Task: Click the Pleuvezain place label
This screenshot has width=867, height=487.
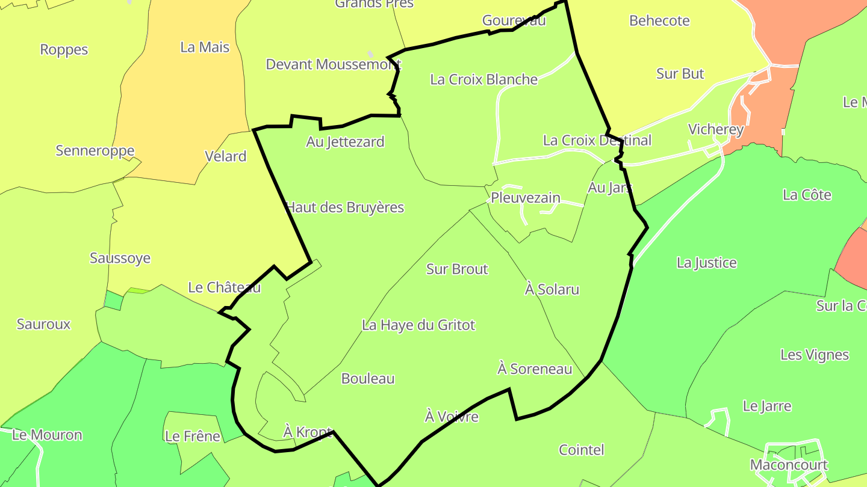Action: (x=526, y=198)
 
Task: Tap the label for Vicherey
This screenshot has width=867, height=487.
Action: (x=716, y=129)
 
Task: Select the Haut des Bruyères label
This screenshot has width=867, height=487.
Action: (x=345, y=207)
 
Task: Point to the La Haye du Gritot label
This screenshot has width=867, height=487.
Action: (x=418, y=325)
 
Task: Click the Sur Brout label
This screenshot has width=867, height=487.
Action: (x=457, y=269)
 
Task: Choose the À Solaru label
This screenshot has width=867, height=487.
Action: (x=552, y=289)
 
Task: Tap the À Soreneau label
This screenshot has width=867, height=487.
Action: (x=535, y=369)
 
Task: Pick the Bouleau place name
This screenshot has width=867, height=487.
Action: (x=368, y=378)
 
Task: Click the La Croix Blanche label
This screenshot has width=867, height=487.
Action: (x=483, y=79)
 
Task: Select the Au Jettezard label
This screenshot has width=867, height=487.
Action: (x=345, y=142)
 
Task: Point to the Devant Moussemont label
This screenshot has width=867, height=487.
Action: (x=334, y=64)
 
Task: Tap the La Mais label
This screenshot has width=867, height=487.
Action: (x=205, y=47)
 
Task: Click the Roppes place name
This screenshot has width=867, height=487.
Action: (x=64, y=49)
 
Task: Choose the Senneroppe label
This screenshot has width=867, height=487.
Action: (x=95, y=150)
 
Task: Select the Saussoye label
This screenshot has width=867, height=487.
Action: (x=120, y=258)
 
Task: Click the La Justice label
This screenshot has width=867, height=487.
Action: (x=706, y=263)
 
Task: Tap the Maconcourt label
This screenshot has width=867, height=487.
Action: (x=789, y=465)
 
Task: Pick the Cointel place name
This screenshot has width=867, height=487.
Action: (x=581, y=450)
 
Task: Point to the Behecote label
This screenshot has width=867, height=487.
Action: (x=659, y=20)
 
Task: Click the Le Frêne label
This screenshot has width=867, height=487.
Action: (x=193, y=436)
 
